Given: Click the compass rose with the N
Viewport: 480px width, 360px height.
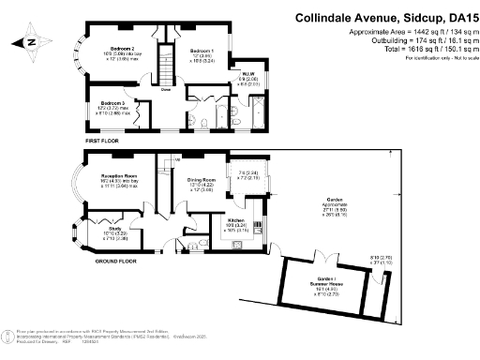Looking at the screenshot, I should pos(32,42).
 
